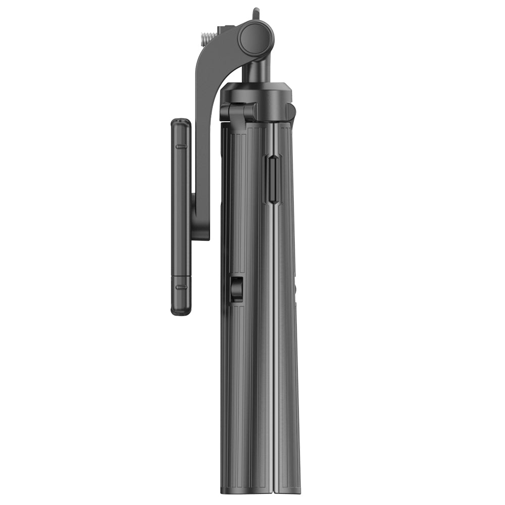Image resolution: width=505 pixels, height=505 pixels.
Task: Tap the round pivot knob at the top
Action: click(x=256, y=39)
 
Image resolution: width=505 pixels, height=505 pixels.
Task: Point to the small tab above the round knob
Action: click(x=256, y=12)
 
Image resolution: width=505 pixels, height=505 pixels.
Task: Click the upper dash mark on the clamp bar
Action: click(x=181, y=146)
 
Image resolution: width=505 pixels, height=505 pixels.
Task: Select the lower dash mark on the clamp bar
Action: click(x=181, y=287)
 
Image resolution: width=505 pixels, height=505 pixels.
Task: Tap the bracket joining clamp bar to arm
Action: click(x=200, y=217)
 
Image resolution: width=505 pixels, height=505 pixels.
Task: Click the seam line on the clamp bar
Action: click(x=181, y=277)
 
